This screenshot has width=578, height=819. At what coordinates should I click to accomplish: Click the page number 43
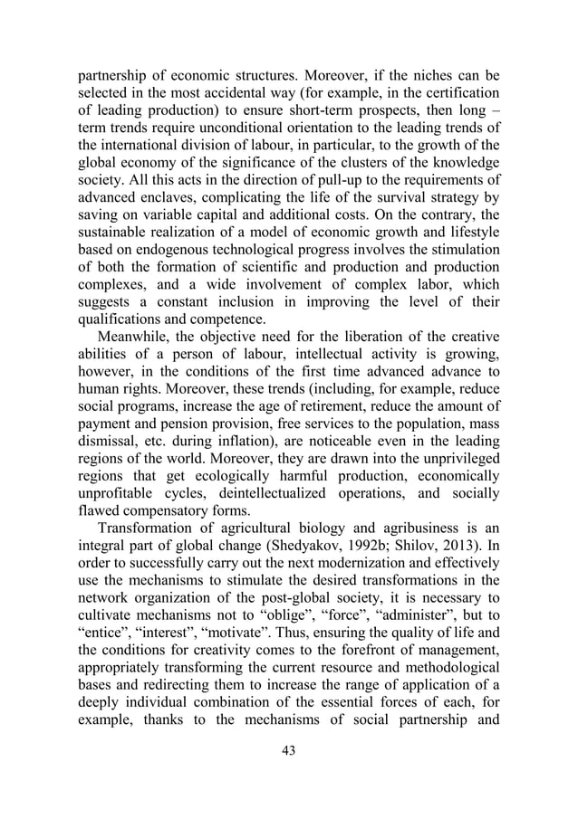[289, 776]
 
